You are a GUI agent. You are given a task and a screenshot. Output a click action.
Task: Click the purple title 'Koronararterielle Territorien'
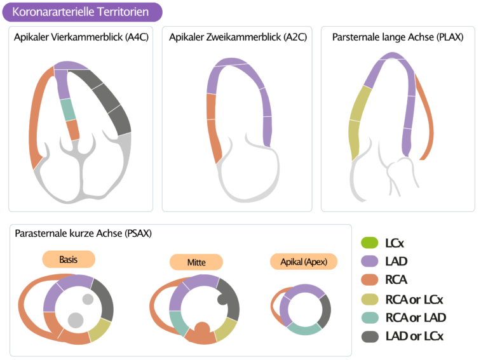tap(81, 12)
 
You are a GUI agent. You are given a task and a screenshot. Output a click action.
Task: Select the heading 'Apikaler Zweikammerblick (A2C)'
tap(238, 37)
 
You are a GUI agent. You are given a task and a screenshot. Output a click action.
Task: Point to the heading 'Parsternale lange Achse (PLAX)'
tap(398, 37)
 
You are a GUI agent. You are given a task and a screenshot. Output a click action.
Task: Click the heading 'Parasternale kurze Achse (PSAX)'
tap(83, 234)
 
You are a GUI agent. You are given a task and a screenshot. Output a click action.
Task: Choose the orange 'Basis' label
tap(69, 260)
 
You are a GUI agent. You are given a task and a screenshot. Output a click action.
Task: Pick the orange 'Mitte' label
tap(196, 262)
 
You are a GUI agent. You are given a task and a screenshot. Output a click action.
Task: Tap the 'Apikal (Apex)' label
tap(303, 262)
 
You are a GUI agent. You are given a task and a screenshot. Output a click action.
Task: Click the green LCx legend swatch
tap(369, 243)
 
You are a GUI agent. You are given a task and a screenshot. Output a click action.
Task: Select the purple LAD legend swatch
tap(369, 261)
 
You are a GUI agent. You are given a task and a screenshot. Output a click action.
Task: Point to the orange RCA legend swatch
tap(369, 280)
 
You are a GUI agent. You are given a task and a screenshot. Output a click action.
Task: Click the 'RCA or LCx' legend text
tap(414, 299)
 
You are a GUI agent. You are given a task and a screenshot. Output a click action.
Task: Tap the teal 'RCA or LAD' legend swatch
tap(369, 317)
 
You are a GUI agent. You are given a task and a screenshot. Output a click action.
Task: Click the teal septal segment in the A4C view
tap(69, 110)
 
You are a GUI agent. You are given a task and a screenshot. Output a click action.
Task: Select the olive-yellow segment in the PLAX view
tap(359, 117)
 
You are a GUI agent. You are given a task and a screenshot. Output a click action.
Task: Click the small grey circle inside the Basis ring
tap(88, 299)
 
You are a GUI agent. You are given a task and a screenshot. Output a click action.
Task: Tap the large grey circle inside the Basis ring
tap(76, 320)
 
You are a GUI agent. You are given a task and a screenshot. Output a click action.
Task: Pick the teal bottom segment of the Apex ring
tap(304, 329)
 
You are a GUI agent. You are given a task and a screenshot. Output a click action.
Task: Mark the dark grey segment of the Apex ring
tap(325, 311)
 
